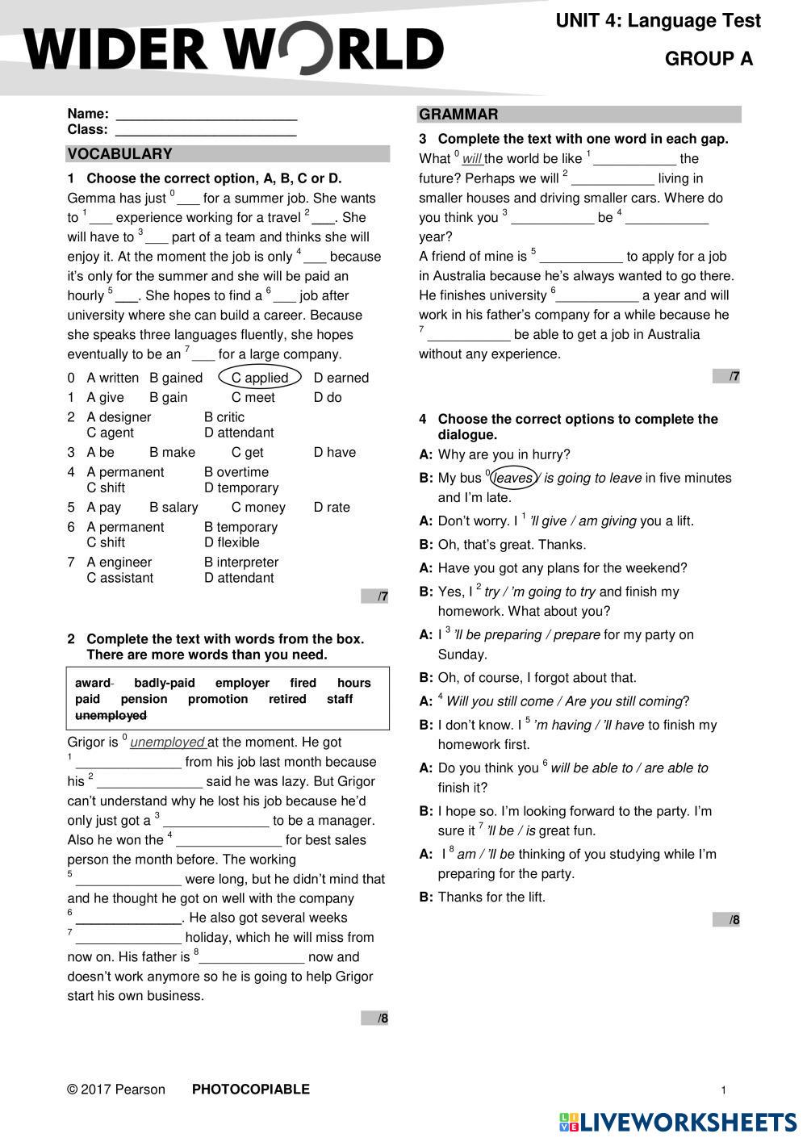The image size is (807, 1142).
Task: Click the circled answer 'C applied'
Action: pos(259,378)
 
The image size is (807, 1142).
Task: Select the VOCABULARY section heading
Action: pos(119,154)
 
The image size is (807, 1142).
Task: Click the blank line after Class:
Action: pos(206,131)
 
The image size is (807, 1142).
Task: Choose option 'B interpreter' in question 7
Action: pos(241,563)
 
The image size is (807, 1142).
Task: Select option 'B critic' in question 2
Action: pos(224,417)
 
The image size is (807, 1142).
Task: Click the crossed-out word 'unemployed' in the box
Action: pos(111,715)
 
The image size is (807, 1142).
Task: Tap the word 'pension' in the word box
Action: pos(144,699)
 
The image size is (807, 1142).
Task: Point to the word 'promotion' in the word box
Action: pos(218,699)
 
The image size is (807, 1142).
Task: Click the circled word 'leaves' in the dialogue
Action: pos(513,478)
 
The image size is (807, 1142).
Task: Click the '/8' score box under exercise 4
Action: pos(726,920)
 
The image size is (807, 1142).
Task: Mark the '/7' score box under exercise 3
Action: pos(726,376)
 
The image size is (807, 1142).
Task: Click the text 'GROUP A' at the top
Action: pos(709,59)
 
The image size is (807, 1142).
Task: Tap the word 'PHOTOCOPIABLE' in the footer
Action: pos(250,1090)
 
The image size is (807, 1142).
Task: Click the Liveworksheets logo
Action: pos(677,1122)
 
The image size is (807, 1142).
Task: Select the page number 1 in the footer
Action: pos(724,1090)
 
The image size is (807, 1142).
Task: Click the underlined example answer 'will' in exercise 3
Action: pos(472,159)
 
